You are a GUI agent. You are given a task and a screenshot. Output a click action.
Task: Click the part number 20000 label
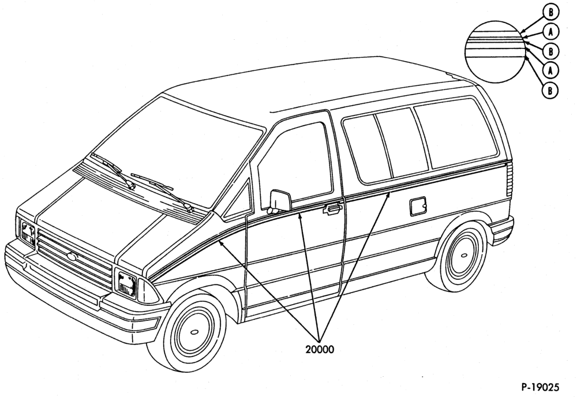pos(320,349)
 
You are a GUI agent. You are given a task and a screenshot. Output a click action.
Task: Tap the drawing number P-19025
pos(540,387)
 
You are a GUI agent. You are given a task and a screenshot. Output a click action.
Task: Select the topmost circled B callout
pos(550,13)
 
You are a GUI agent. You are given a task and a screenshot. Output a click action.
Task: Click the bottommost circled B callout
pos(550,90)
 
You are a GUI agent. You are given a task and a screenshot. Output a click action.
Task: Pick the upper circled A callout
pos(551,32)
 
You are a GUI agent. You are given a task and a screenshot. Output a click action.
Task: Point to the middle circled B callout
pos(551,51)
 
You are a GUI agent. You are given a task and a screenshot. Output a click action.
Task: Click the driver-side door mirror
pos(280,201)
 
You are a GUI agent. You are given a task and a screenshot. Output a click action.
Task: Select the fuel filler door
pos(418,207)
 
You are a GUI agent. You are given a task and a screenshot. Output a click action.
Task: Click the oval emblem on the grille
pos(72,256)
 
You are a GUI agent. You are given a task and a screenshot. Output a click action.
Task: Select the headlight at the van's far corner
pos(28,234)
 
